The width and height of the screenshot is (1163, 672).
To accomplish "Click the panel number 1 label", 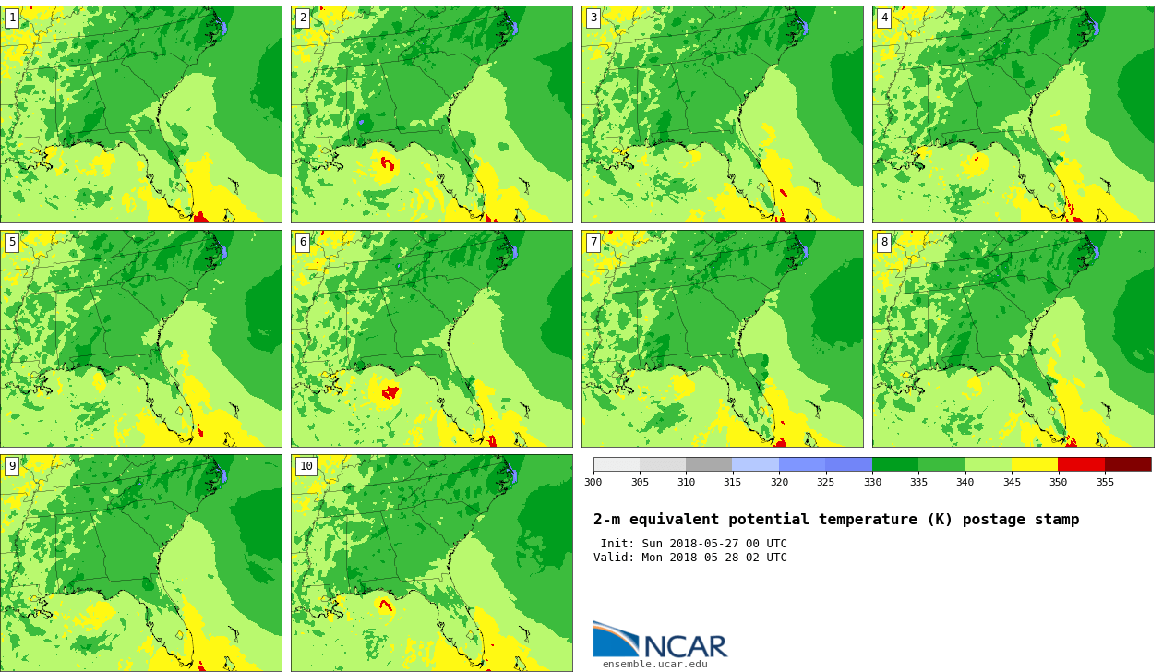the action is pyautogui.click(x=12, y=18).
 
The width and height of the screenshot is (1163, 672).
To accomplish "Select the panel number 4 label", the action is pyautogui.click(x=884, y=18).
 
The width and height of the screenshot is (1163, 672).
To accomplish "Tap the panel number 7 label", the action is pyautogui.click(x=593, y=242).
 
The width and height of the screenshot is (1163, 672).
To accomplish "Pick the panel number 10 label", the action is pyautogui.click(x=306, y=466).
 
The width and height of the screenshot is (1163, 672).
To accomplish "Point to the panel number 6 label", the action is pyautogui.click(x=303, y=242).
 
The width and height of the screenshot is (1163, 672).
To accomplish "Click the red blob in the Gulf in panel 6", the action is pyautogui.click(x=390, y=392).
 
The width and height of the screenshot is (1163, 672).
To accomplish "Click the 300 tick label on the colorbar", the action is pyautogui.click(x=593, y=482).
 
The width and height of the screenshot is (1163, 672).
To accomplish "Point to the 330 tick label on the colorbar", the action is pyautogui.click(x=872, y=482).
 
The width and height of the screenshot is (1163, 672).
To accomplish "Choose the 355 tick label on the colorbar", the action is pyautogui.click(x=1105, y=482).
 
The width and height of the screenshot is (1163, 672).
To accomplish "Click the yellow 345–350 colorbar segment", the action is pyautogui.click(x=1035, y=463).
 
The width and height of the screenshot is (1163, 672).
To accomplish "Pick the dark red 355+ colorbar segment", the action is pyautogui.click(x=1128, y=463).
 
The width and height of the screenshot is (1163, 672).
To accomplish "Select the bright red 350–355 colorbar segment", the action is pyautogui.click(x=1082, y=463).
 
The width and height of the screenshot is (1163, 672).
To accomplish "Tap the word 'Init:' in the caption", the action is pyautogui.click(x=617, y=543).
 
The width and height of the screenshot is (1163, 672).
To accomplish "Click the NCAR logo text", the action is pyautogui.click(x=686, y=646).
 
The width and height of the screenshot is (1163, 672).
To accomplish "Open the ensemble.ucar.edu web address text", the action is pyautogui.click(x=654, y=665).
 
